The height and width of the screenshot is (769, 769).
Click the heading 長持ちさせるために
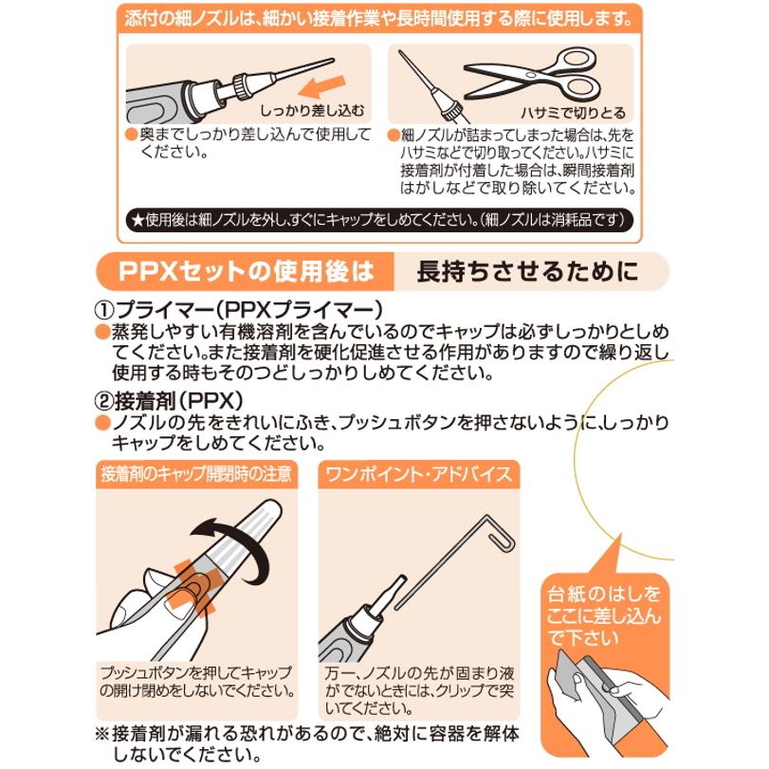click(527, 272)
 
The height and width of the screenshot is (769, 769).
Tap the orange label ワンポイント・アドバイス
click(418, 471)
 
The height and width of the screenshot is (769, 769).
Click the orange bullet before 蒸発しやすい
click(101, 331)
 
